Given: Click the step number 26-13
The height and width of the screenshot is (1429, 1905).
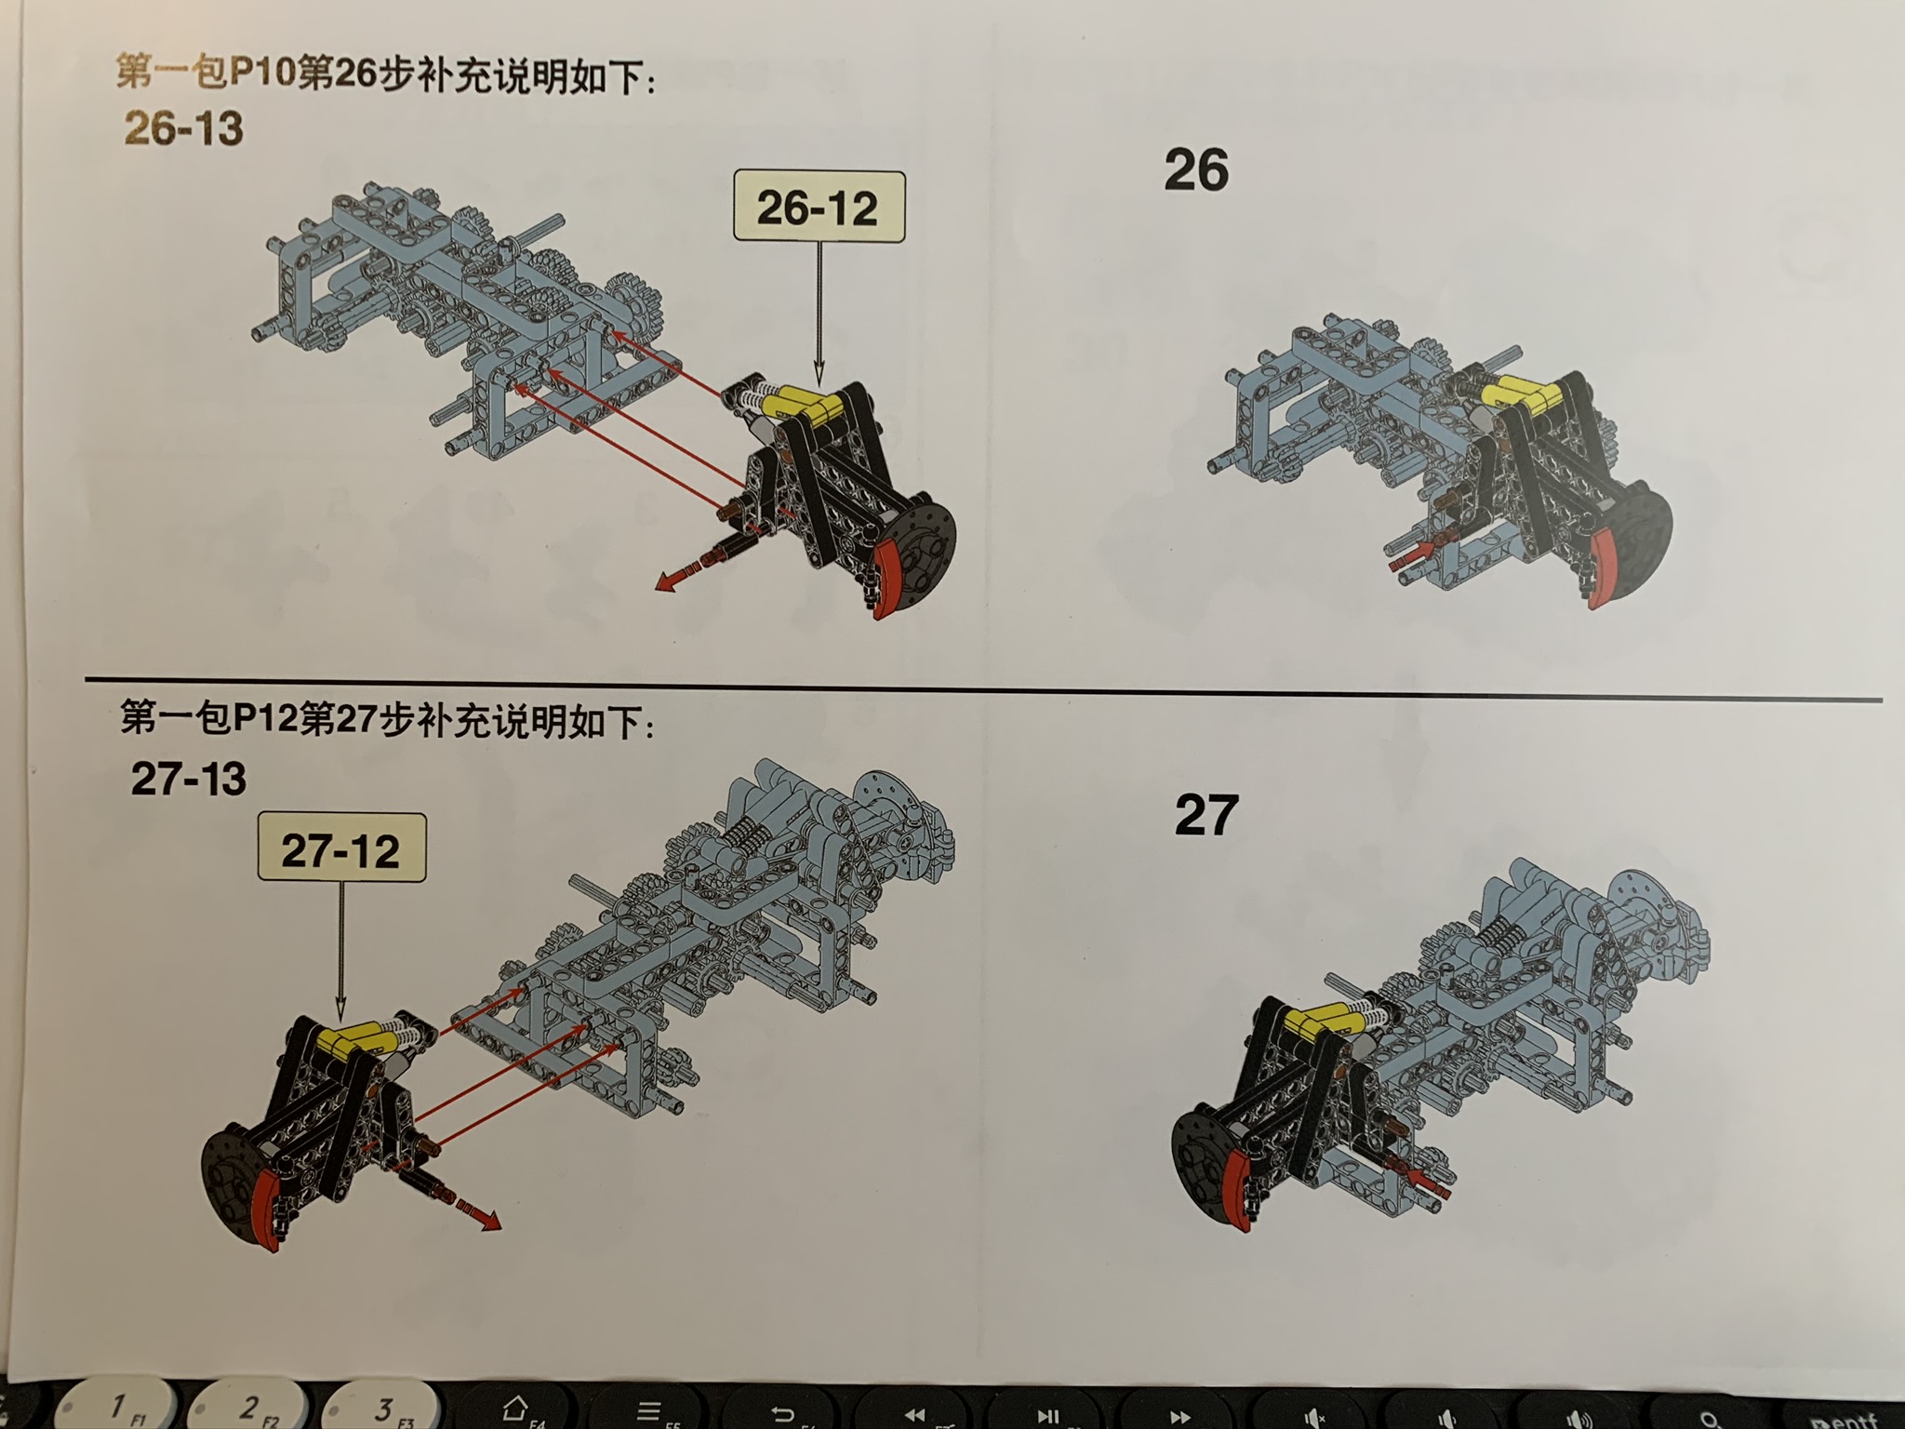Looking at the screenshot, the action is tap(183, 128).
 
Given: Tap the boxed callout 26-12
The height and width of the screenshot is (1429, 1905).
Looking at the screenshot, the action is tap(819, 207).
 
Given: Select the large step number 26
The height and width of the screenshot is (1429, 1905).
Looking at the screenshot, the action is tap(1196, 170).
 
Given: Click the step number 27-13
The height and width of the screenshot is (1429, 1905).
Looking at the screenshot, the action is tap(189, 779).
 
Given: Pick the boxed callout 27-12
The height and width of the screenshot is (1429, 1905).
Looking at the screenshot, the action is tap(341, 848).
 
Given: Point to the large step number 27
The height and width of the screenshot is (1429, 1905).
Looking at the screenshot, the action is tap(1206, 815).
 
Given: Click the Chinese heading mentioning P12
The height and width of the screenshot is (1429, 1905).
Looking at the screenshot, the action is tap(388, 719).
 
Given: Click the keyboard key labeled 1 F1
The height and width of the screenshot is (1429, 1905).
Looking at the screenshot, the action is tap(118, 1408).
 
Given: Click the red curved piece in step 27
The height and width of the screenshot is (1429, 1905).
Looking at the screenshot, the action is tap(1243, 1186).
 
